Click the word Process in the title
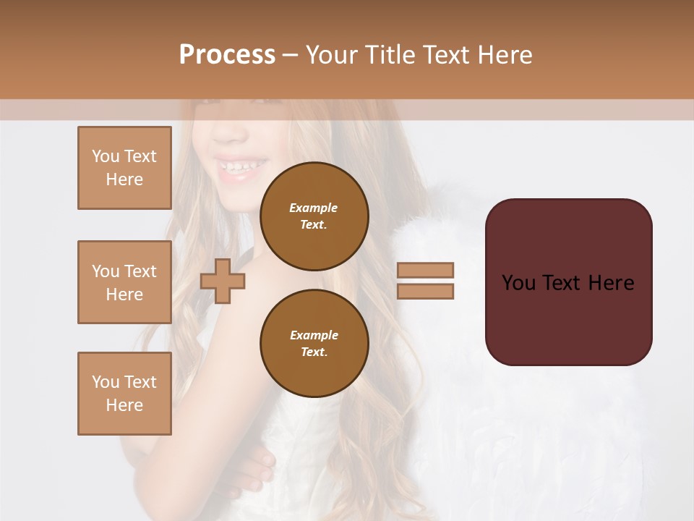click(227, 55)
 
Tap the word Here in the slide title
click(502, 55)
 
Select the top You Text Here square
click(124, 168)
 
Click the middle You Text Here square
click(124, 282)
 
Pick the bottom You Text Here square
click(124, 394)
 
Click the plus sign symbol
click(223, 281)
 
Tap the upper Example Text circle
click(314, 216)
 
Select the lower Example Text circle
click(314, 343)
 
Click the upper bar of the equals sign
click(426, 270)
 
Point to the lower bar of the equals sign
click(426, 291)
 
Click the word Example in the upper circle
click(313, 208)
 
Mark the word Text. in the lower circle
click(314, 352)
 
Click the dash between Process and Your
click(290, 56)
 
